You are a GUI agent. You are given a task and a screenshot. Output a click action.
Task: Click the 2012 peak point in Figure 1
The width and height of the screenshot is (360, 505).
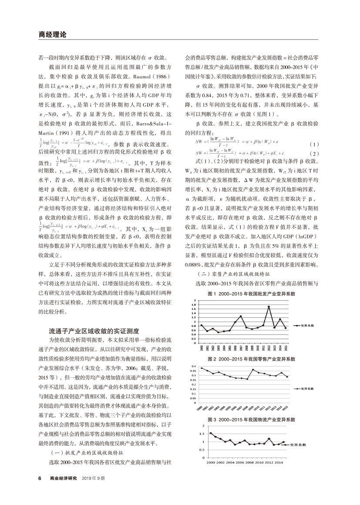tap(269, 306)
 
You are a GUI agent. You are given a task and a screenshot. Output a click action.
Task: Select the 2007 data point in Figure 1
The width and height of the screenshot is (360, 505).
tap(241, 316)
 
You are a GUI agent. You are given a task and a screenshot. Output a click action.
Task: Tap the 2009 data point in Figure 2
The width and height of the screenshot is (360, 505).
tap(253, 370)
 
